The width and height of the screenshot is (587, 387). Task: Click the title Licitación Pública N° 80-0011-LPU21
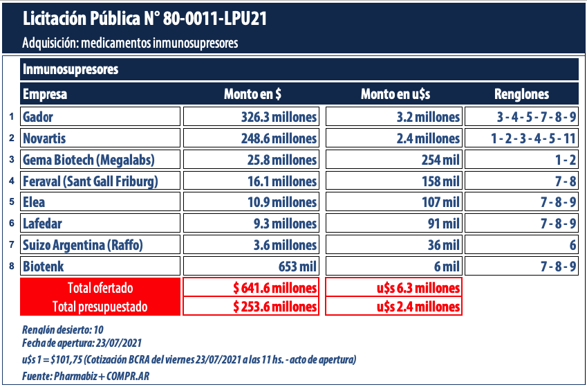pos(145,18)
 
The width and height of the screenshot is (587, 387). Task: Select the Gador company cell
pos(100,116)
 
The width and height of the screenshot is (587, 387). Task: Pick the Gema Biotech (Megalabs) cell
pos(100,160)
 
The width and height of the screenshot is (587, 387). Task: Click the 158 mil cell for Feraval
pos(393,181)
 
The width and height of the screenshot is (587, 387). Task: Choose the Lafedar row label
pos(100,224)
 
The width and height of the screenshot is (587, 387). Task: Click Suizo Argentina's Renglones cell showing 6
pos(522,245)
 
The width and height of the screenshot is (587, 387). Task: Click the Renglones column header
pos(521,94)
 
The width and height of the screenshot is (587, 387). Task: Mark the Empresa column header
pos(45,94)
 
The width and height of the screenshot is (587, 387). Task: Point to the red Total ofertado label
pos(100,288)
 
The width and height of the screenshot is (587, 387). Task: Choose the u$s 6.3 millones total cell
pos(393,288)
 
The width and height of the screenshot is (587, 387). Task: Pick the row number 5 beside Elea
pos(12,202)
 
